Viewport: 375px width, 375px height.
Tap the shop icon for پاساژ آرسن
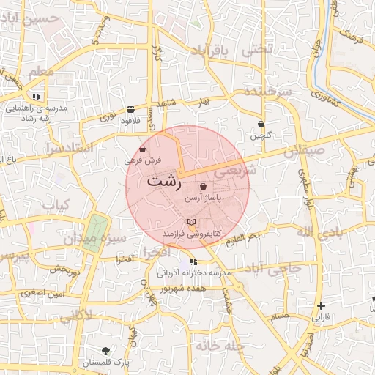point(202,187)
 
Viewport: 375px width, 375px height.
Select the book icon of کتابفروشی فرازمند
point(191,222)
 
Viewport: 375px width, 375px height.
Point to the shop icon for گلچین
point(261,125)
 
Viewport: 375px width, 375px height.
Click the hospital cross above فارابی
point(322,305)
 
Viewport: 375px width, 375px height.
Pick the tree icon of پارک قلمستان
point(107,351)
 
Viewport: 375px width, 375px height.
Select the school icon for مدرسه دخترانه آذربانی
point(193,261)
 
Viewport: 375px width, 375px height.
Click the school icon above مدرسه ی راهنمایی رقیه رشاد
point(35,97)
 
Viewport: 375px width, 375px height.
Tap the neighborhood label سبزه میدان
point(103,238)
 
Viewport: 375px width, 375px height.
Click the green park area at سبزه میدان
point(93,231)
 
